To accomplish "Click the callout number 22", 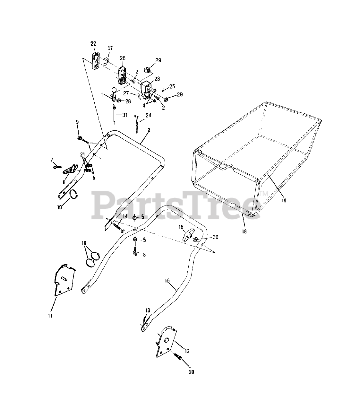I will [x=93, y=44].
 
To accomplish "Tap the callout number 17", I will [x=110, y=48].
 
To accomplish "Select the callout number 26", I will [x=123, y=58].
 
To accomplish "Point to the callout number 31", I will [x=124, y=115].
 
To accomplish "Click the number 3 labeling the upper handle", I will [x=140, y=130].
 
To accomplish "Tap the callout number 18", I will [x=244, y=231].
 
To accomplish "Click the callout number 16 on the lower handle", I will [x=167, y=280].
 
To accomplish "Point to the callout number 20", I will [x=192, y=372].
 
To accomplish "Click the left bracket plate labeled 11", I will [x=64, y=279].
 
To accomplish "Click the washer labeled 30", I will [x=195, y=240].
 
